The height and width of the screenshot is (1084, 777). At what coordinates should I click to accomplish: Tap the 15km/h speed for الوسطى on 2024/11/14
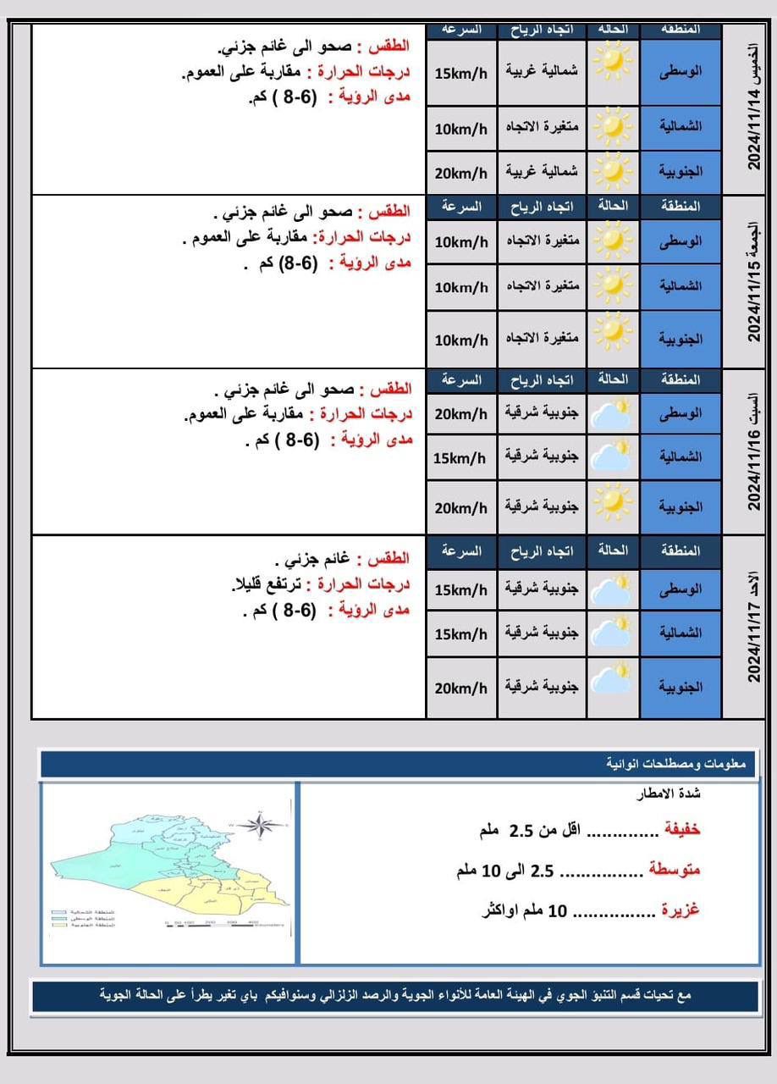461,74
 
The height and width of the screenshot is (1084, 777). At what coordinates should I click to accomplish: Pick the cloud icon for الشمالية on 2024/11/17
613,632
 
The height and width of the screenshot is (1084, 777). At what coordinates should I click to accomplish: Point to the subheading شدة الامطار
669,794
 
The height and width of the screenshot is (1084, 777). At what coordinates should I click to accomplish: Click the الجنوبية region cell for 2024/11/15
681,339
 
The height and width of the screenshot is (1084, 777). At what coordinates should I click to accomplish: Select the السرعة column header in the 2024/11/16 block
461,380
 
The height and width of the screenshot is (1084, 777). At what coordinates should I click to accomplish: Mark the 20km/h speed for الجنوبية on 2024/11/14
461,174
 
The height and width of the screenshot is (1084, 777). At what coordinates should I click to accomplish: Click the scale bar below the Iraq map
212,922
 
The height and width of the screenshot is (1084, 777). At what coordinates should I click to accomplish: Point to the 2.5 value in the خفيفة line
520,830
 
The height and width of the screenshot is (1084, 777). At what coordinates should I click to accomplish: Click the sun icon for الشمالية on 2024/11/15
613,286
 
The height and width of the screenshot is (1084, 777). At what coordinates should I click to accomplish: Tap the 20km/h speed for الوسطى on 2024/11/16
461,414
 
